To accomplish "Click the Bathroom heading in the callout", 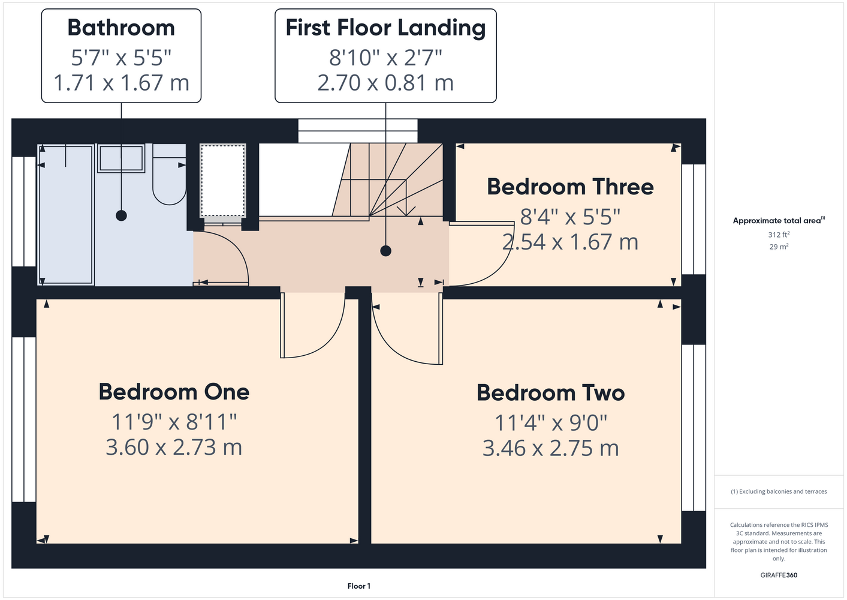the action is click(x=121, y=28).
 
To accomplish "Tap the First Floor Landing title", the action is click(x=385, y=28).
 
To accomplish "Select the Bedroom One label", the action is click(x=174, y=392).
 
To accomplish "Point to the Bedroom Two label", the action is click(x=550, y=393).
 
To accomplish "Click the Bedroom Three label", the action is click(x=570, y=187).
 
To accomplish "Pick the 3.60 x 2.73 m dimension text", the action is click(x=174, y=447).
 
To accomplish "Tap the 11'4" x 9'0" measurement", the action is click(x=550, y=423).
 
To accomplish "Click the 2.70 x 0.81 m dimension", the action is click(x=385, y=83).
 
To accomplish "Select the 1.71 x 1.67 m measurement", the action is click(x=121, y=83).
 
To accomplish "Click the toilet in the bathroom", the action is click(x=170, y=174).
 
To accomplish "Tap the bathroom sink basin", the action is click(x=121, y=158).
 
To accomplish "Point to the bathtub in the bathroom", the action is click(x=66, y=215).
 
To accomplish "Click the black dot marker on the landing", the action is click(x=385, y=251).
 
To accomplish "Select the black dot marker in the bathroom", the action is click(x=121, y=216).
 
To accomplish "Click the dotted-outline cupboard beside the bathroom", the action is click(x=223, y=181).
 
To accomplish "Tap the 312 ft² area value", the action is click(x=779, y=235).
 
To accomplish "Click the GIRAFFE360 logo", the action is click(x=779, y=575).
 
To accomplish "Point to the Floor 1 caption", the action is click(x=359, y=586).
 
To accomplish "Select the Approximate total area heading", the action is click(x=779, y=221).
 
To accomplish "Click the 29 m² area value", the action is click(x=779, y=247).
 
